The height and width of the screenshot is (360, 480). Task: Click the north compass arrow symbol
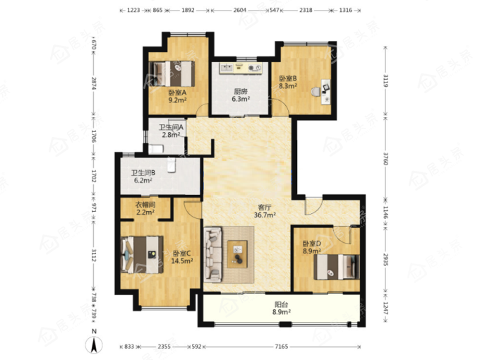94,344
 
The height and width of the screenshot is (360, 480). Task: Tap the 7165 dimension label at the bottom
282,347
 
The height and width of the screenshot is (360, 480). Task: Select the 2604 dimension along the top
240,10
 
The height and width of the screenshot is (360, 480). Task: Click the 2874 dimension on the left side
94,83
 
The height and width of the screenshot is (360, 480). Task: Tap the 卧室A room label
177,92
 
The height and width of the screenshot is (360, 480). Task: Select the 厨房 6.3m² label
241,95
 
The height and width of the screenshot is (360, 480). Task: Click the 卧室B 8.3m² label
288,83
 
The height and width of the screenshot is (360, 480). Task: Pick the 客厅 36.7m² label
265,211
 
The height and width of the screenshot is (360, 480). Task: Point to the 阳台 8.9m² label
282,308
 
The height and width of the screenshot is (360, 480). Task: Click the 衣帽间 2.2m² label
145,208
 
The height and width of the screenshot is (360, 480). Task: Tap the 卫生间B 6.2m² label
143,176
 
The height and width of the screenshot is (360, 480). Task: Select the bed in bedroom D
337,267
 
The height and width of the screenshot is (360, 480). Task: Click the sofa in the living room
213,254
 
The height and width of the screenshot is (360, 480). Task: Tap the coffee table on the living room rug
237,254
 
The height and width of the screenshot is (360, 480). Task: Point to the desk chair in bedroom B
316,91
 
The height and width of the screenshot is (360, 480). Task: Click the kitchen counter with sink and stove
240,68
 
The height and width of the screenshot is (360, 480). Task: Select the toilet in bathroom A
156,149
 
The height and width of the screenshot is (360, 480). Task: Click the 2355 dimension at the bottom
164,347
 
